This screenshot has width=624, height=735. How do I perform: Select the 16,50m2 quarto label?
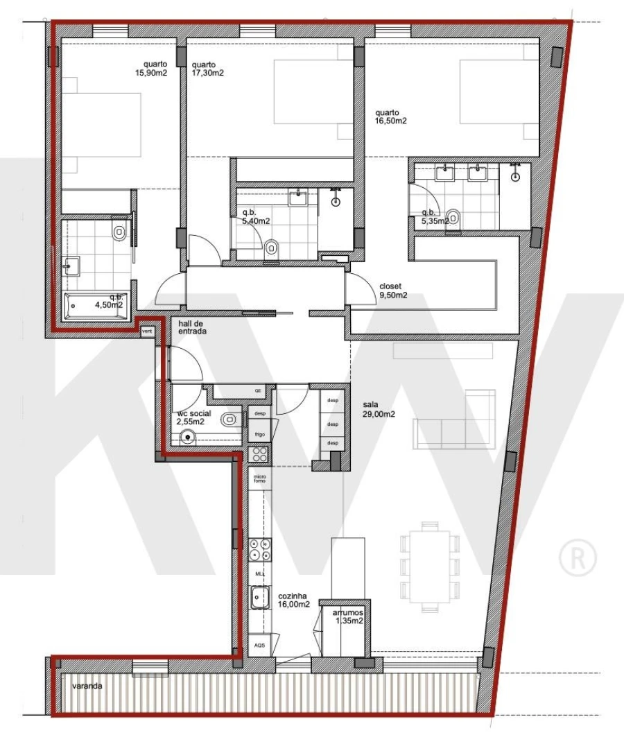click(x=390, y=116)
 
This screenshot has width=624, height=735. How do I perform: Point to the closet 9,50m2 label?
click(x=393, y=291)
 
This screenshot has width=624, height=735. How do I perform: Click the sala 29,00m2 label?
click(x=379, y=410)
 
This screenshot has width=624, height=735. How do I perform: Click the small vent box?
click(x=147, y=331)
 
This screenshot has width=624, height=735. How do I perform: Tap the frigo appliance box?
click(x=260, y=434)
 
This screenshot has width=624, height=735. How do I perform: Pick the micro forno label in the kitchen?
click(x=260, y=478)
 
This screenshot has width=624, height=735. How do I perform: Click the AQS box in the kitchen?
click(x=259, y=645)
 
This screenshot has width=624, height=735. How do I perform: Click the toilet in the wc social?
click(x=229, y=418)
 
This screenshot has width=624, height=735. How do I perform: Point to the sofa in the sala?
click(x=454, y=423)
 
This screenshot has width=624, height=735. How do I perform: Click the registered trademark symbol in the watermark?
click(x=578, y=558)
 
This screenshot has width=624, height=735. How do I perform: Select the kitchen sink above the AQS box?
click(x=260, y=596)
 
